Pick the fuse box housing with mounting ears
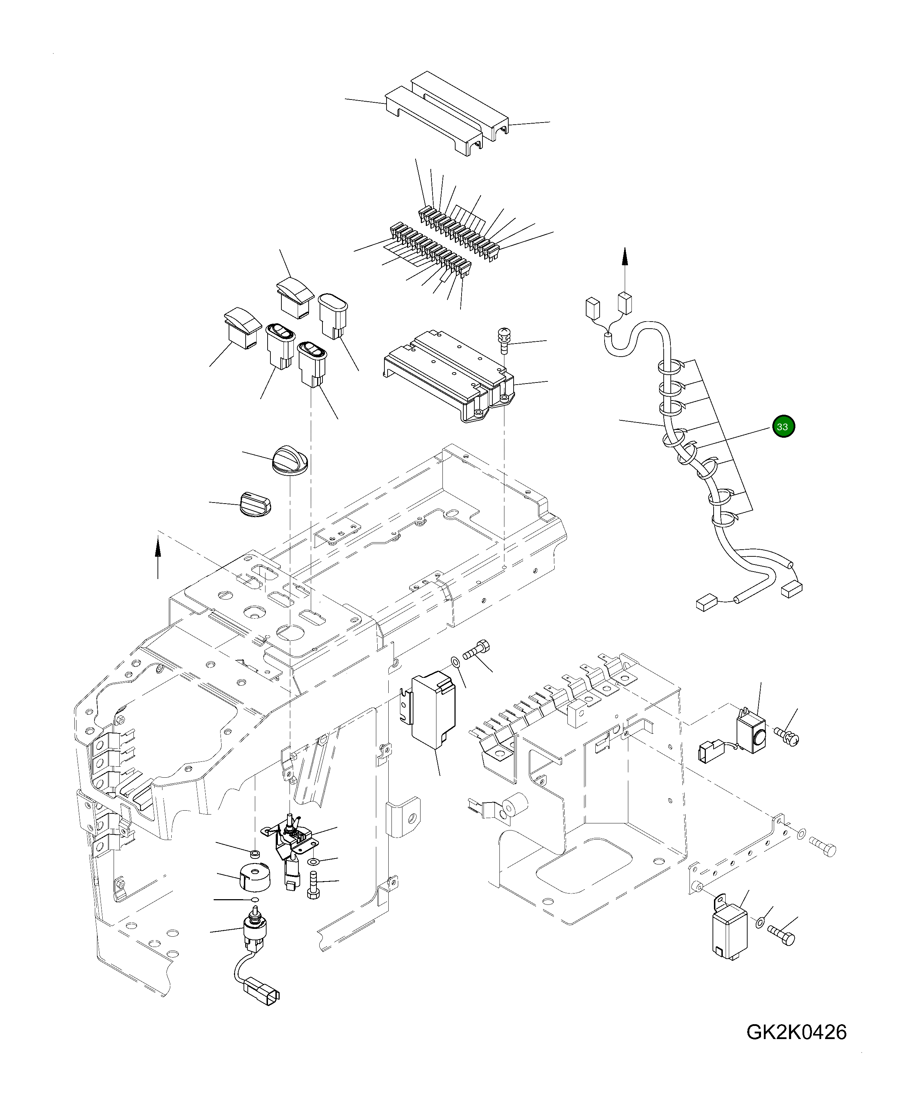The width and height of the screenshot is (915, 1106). point(447,376)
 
